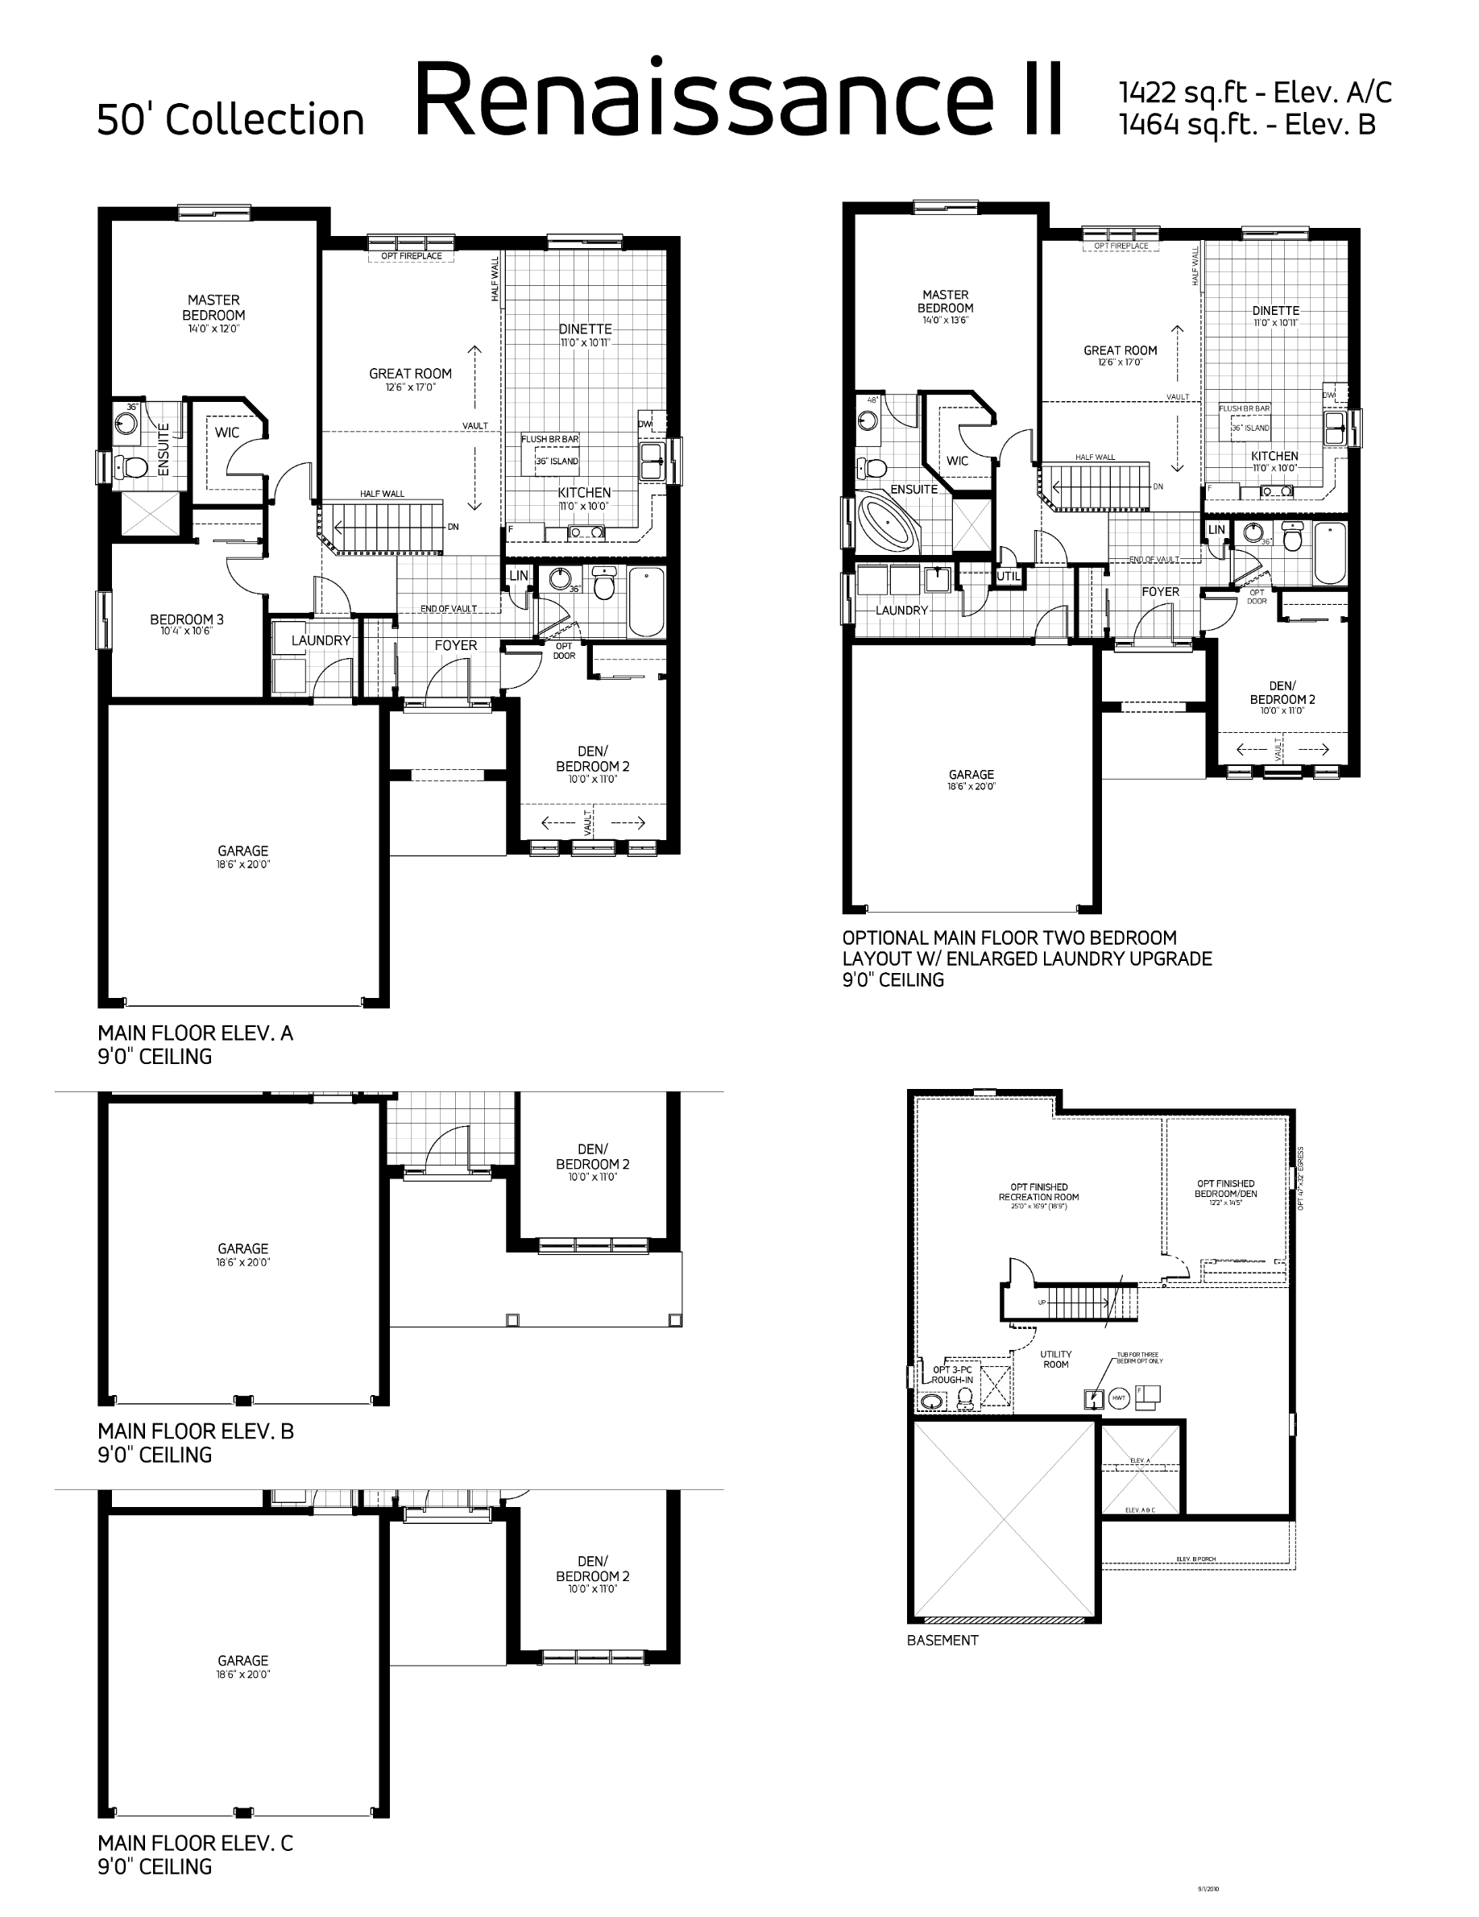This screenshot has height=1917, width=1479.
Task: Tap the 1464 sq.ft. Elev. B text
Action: point(1246,126)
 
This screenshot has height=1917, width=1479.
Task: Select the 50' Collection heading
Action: point(230,119)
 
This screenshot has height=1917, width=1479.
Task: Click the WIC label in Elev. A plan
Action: point(226,432)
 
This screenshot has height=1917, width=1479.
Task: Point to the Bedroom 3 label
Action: point(186,619)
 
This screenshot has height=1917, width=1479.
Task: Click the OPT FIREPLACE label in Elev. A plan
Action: point(411,256)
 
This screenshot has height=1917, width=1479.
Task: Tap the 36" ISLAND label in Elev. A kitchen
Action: point(557,461)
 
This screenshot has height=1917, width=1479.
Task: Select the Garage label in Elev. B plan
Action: point(243,1248)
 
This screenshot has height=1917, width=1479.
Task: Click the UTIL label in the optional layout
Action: point(1009,577)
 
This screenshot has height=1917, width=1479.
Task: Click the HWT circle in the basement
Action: point(1118,1398)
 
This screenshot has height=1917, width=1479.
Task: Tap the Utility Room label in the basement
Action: point(1056,1360)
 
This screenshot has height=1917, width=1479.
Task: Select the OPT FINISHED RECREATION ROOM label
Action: point(1038,1192)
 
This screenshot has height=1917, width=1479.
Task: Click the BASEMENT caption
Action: point(942,1640)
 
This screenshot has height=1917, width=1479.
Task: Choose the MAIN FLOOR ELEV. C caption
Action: point(195,1843)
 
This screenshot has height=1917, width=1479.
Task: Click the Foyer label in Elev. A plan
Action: point(456,645)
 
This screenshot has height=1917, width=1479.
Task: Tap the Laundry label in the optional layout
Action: point(901,610)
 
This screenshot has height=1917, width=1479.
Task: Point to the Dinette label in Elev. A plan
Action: point(586,329)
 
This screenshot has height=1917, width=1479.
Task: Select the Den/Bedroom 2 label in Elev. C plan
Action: point(592,1568)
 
